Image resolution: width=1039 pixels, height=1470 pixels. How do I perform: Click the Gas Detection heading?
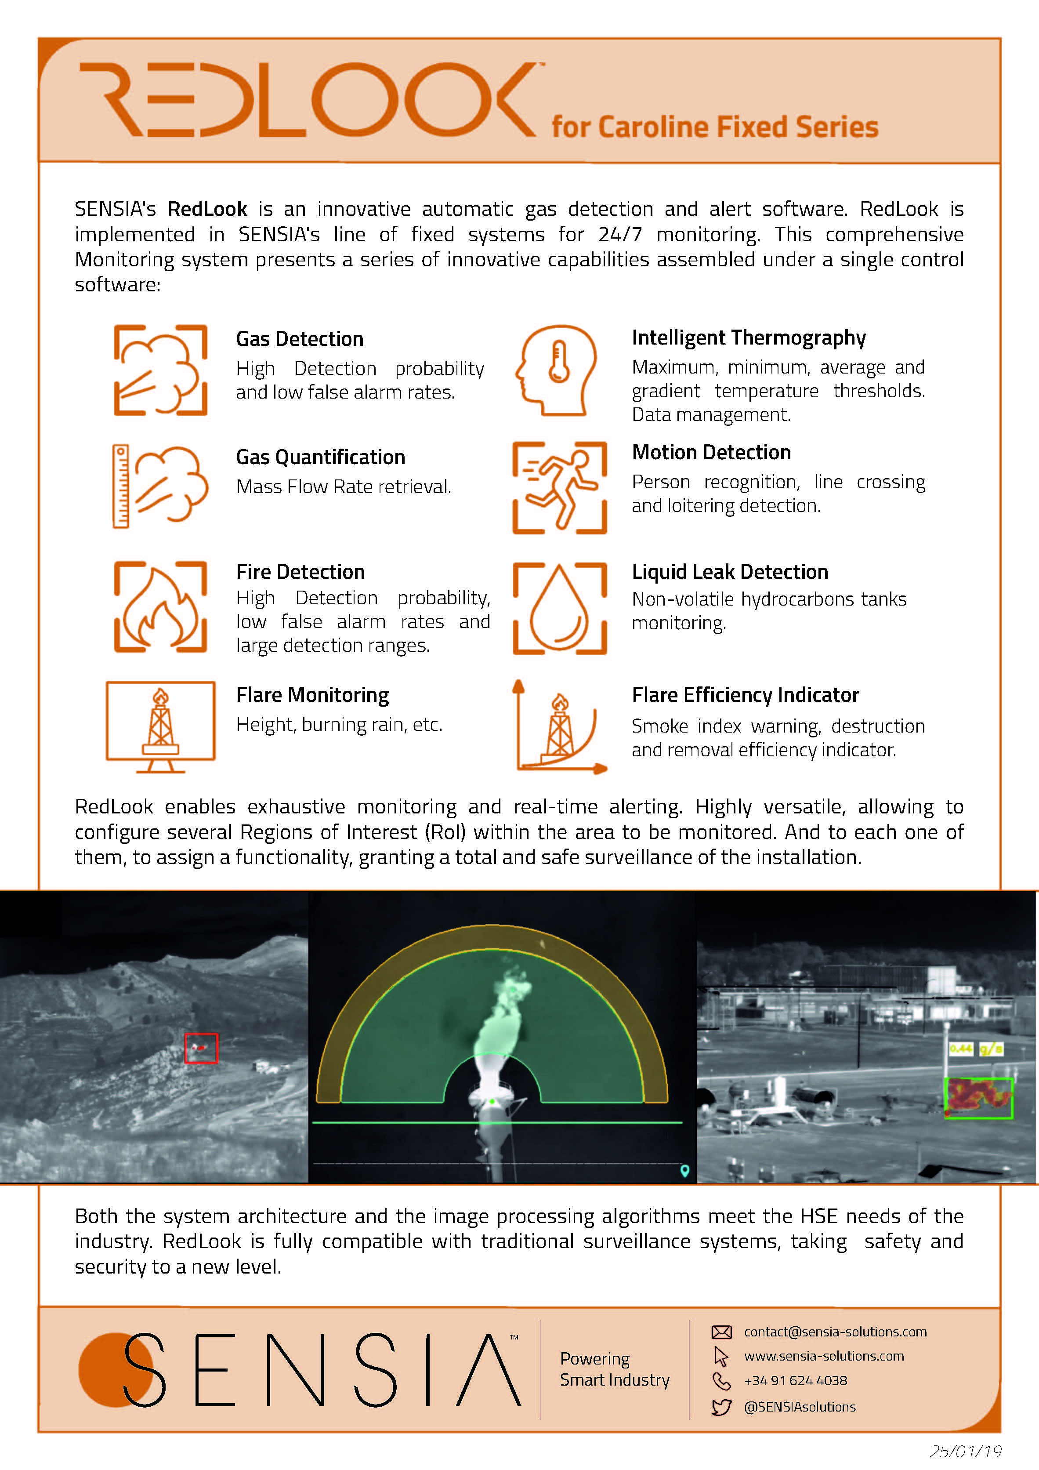click(299, 339)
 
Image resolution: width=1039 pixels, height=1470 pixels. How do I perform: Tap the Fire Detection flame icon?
click(160, 607)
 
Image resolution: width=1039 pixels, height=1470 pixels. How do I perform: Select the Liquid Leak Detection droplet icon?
click(560, 608)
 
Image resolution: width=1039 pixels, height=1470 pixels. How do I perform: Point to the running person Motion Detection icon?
click(560, 487)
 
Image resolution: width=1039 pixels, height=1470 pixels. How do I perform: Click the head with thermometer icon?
click(556, 370)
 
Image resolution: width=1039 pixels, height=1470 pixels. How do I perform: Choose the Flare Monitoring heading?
click(312, 695)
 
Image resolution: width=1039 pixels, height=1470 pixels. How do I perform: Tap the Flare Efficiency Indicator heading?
click(745, 695)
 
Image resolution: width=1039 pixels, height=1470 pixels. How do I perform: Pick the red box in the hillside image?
click(201, 1048)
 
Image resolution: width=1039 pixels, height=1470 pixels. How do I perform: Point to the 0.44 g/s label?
click(976, 1049)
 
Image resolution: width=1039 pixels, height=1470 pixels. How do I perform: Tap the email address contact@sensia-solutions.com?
click(835, 1332)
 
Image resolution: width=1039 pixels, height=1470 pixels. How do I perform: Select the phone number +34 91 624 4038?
click(795, 1380)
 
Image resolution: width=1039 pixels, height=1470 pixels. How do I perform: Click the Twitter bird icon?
click(721, 1407)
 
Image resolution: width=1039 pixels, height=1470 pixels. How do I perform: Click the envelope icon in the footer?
click(721, 1332)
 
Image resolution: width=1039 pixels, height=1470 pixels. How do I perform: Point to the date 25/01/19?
click(965, 1450)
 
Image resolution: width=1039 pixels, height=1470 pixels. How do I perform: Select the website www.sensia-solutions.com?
click(823, 1356)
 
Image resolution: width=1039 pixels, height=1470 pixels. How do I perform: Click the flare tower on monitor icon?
click(160, 726)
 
